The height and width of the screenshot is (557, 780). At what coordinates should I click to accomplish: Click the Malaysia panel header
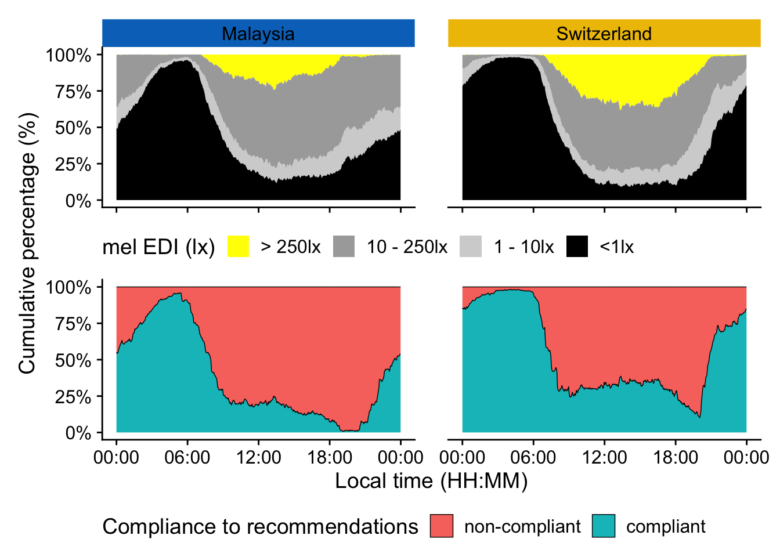point(258,33)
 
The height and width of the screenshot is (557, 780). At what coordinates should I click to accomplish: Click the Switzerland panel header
point(604,33)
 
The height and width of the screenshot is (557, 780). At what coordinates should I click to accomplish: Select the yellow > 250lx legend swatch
point(238,247)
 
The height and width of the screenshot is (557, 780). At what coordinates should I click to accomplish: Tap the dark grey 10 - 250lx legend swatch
point(344,247)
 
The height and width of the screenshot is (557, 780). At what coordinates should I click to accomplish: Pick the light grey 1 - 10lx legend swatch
point(471,247)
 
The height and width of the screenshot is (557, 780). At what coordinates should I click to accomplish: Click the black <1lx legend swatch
point(577,247)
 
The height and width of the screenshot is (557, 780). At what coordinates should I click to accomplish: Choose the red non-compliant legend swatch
point(441,526)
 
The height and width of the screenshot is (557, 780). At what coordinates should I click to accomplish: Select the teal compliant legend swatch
point(604,526)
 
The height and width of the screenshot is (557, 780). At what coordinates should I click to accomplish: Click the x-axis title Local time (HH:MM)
point(431,481)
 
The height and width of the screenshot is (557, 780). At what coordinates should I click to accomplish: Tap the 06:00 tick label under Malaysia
point(187,457)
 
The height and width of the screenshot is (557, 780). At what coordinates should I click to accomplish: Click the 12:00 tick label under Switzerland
point(604,457)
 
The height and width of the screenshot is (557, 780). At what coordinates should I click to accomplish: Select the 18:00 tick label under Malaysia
point(330,457)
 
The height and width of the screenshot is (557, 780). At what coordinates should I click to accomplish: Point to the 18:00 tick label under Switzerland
point(676,457)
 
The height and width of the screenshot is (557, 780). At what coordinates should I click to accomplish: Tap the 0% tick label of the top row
point(78,201)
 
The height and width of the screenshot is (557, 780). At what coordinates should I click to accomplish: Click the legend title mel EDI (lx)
point(158,247)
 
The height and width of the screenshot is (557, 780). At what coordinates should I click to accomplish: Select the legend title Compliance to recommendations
point(260,527)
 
